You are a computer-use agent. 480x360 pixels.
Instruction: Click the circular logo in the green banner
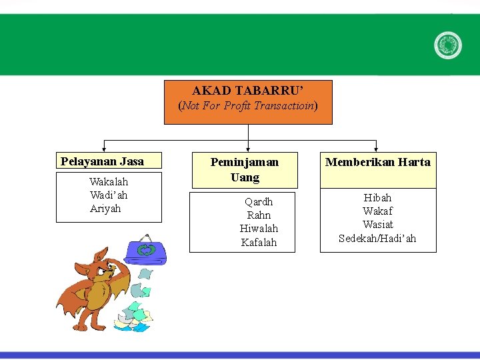coord(447,45)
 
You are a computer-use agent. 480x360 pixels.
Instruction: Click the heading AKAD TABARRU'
coord(248,91)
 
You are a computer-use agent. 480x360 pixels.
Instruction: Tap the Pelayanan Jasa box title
coord(102,161)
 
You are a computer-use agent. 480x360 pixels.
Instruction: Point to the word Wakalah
coord(109,182)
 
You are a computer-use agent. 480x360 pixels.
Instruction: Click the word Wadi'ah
coord(109,195)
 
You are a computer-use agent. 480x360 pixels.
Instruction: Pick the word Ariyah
coord(105,209)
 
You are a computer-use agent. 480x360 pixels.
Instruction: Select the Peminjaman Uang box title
coord(245,169)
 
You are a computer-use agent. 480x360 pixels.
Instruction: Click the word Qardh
coord(259,201)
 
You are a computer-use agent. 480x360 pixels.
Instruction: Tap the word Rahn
coord(259,215)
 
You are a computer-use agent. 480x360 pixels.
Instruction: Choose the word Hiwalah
coord(259,229)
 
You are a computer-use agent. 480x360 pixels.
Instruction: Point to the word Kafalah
coord(259,243)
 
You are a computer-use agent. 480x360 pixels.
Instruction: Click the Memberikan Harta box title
coord(377,162)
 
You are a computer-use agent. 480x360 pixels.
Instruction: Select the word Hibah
coord(377,198)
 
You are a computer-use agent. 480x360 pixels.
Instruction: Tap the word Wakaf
coord(377,211)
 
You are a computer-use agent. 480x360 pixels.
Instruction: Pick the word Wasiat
coord(377,225)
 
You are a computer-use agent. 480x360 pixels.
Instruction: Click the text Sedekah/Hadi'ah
coord(377,239)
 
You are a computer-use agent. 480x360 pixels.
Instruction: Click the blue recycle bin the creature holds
coord(144,251)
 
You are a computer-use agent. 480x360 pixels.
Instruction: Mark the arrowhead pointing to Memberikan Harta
coord(377,149)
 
